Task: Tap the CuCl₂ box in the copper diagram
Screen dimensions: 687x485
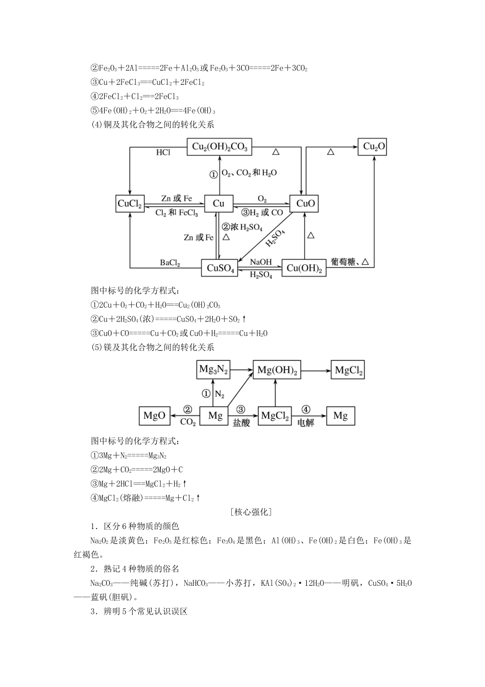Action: (130, 203)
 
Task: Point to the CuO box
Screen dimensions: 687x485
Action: (305, 203)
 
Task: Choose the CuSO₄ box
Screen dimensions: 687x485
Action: (220, 268)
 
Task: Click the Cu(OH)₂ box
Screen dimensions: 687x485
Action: (304, 268)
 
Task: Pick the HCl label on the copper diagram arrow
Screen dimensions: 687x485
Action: (163, 152)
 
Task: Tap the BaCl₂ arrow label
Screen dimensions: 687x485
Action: (170, 263)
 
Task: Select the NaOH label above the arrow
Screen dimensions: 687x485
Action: (261, 262)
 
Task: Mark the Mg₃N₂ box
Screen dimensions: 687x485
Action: (213, 370)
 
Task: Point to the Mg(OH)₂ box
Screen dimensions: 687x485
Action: (277, 370)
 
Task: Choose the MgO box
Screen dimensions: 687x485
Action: (154, 416)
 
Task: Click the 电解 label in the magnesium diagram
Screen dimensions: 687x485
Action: (305, 423)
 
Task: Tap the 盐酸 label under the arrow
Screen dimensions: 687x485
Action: (241, 423)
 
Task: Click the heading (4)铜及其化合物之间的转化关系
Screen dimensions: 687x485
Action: (152, 124)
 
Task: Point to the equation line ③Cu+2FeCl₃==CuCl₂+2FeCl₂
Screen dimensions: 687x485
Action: (148, 82)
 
